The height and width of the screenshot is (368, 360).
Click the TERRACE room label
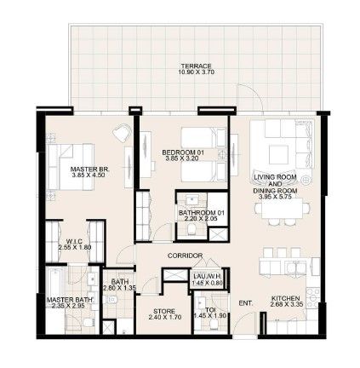(x=196, y=66)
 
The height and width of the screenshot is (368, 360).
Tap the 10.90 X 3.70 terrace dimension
(x=196, y=72)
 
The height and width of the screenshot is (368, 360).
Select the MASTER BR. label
(x=89, y=170)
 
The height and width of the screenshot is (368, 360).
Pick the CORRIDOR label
(x=185, y=256)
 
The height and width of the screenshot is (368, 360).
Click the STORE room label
(x=164, y=311)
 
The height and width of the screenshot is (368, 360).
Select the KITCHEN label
(x=285, y=298)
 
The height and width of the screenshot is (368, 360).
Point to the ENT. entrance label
(x=246, y=303)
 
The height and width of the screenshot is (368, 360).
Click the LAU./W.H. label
(x=208, y=277)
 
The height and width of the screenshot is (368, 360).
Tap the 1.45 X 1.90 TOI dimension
(x=209, y=316)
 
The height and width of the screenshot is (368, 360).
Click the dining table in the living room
(x=283, y=209)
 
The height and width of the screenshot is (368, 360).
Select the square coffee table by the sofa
(x=278, y=155)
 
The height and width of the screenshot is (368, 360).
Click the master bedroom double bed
(x=71, y=167)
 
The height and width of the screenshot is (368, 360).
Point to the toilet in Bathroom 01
(x=191, y=229)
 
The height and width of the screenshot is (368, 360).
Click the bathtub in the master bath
(x=55, y=282)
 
